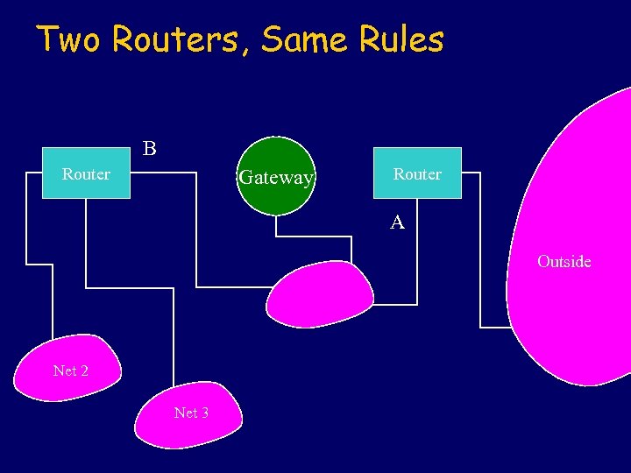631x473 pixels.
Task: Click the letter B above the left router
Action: coord(150,149)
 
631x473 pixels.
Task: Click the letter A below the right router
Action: coord(397,223)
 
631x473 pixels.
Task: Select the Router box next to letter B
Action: coord(86,173)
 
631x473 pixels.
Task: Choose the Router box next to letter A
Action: coord(417,173)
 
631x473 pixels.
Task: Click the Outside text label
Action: coord(564,261)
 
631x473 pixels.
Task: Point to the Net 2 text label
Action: coord(70,371)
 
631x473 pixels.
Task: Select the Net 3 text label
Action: coord(191,413)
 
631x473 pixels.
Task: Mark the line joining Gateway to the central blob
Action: coord(313,237)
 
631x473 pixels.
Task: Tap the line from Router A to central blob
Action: coord(416,263)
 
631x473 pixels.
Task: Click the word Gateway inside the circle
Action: coord(275,178)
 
